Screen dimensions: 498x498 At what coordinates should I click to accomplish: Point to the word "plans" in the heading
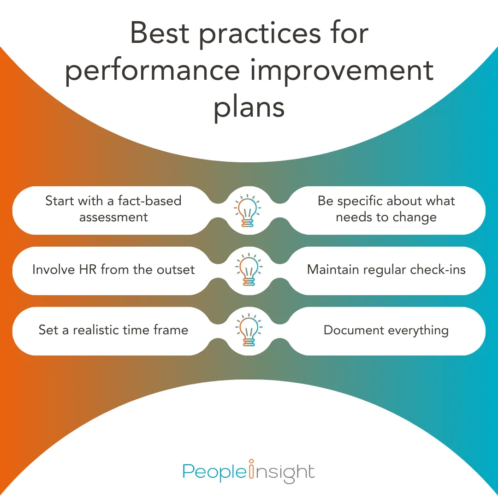249,107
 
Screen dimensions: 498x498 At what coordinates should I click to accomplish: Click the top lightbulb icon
249,211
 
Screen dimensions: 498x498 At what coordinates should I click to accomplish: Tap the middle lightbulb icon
249,270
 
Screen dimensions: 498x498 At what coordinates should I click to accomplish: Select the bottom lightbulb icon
249,330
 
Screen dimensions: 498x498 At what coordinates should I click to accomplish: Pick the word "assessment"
113,217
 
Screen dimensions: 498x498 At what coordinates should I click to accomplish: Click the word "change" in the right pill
413,217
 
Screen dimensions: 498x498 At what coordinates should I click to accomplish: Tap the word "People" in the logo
214,472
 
